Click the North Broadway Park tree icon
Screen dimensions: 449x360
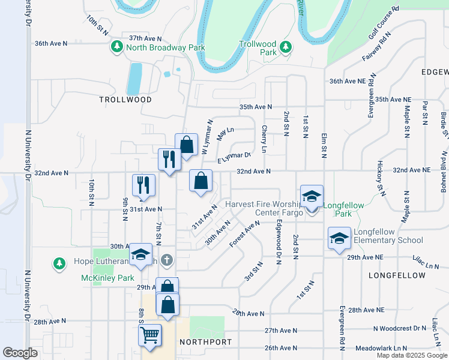[114, 47]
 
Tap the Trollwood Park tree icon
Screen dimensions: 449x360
[287, 46]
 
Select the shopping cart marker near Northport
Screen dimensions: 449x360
[149, 335]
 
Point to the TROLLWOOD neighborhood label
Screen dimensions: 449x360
[125, 100]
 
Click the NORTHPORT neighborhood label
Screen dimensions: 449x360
[205, 341]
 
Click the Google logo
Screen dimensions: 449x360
[20, 353]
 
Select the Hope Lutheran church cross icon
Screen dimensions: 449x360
[167, 260]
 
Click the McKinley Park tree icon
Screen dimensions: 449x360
[59, 263]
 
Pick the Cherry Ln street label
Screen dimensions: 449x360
[264, 138]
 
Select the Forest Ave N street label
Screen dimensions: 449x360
[245, 233]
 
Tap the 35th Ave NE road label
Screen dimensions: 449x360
[394, 99]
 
